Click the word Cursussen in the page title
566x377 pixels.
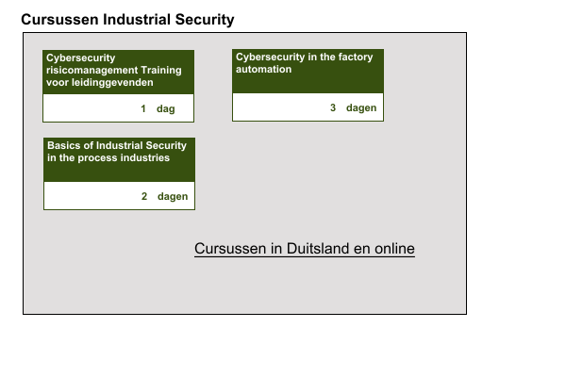click(x=59, y=20)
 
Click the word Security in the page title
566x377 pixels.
click(x=205, y=20)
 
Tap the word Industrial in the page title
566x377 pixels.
click(x=137, y=20)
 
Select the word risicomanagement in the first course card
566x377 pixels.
click(x=92, y=70)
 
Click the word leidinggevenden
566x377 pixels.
click(x=112, y=83)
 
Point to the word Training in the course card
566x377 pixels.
click(x=161, y=70)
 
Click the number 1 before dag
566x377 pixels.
click(x=143, y=108)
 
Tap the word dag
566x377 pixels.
click(x=166, y=109)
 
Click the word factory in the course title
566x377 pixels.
click(x=356, y=57)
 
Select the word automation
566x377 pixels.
click(x=263, y=69)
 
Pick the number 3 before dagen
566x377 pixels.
click(x=333, y=107)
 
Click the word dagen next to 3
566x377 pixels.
click(x=361, y=107)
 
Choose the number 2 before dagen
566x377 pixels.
click(x=144, y=196)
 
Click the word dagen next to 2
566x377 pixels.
click(x=173, y=197)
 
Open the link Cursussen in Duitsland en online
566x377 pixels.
click(x=305, y=249)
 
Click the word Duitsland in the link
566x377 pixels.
click(x=318, y=249)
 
